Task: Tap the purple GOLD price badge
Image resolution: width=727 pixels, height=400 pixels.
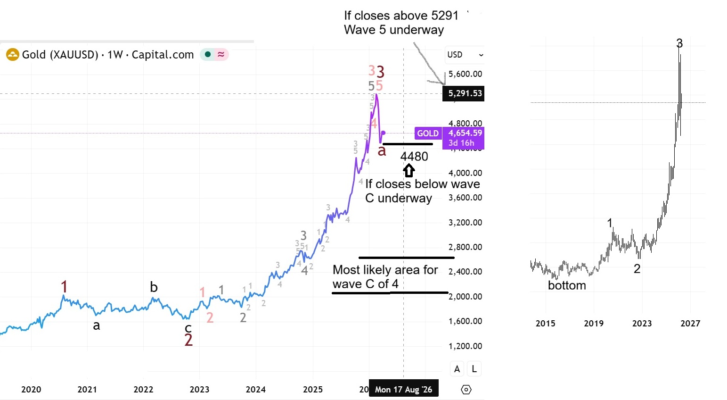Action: (427, 133)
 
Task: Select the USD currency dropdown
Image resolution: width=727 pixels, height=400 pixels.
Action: (465, 55)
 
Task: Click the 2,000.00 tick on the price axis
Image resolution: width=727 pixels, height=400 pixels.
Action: (465, 296)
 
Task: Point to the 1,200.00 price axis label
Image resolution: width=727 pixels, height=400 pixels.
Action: (465, 346)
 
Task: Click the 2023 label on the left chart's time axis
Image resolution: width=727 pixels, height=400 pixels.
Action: (199, 389)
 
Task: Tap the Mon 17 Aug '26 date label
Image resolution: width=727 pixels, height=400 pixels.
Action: (403, 389)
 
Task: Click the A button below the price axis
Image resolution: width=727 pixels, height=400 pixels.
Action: (457, 369)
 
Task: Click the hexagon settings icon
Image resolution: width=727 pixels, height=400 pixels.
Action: (466, 389)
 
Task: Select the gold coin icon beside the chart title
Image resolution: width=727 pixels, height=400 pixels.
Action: (12, 55)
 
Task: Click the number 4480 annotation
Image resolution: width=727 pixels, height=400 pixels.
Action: (414, 157)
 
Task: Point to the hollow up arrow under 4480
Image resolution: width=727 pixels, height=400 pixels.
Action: (408, 170)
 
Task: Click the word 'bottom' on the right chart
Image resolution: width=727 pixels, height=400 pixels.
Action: (567, 285)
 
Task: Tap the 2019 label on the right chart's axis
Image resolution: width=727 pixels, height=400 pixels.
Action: (594, 323)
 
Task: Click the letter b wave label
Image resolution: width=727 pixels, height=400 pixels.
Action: (154, 287)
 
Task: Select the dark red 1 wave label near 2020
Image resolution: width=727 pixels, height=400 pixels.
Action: (64, 286)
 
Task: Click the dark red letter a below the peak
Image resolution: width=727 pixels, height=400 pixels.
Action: (382, 150)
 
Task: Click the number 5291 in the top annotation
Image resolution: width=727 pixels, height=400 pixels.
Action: (445, 16)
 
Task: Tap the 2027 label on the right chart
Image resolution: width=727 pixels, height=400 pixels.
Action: (690, 323)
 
